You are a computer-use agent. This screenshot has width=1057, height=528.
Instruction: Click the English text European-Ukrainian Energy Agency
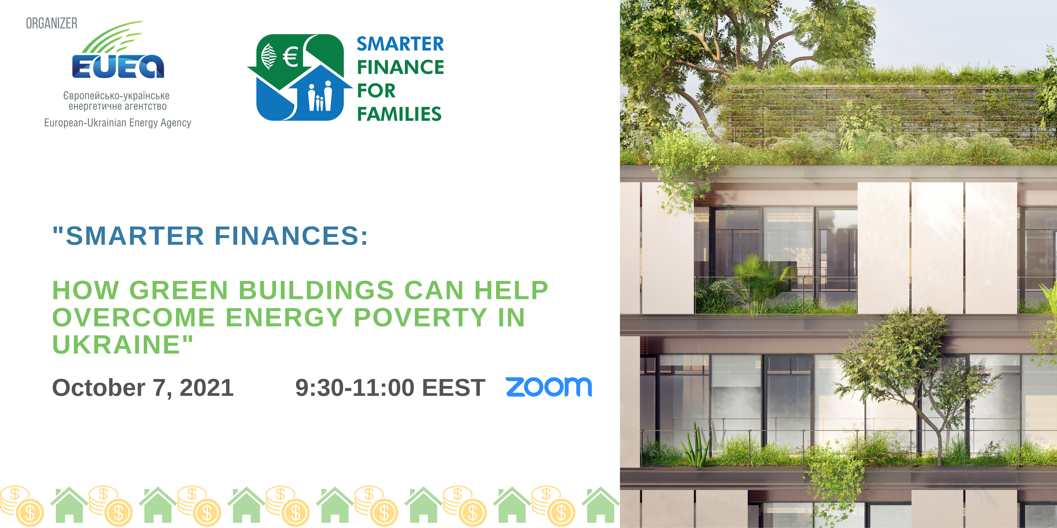118,123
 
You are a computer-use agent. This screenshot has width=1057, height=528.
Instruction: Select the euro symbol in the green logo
291,56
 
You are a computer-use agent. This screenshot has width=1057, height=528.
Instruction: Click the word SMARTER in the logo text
400,44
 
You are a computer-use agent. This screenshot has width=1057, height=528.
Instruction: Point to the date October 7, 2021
143,388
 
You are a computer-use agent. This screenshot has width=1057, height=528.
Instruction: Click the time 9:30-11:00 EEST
390,388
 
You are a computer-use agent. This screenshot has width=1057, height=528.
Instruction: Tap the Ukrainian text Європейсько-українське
116,96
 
